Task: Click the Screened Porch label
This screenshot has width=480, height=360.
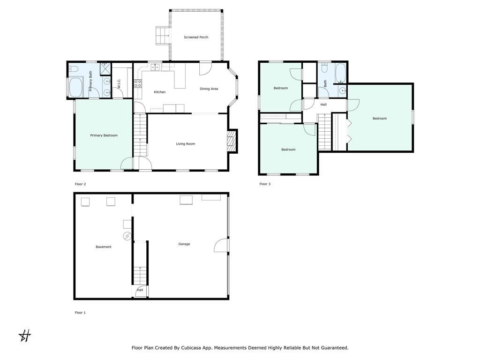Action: [196, 37]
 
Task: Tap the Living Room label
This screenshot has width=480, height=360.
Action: [186, 144]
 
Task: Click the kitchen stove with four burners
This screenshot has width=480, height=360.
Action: [138, 83]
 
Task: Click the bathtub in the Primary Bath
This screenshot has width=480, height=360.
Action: [75, 87]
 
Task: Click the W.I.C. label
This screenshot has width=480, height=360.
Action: [119, 84]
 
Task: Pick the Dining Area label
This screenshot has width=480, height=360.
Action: [209, 89]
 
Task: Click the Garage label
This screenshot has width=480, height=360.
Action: [184, 244]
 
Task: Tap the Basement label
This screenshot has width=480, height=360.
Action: [104, 247]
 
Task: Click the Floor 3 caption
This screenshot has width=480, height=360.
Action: [265, 184]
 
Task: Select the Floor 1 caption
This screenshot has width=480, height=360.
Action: [80, 313]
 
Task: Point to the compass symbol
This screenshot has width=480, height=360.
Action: [25, 336]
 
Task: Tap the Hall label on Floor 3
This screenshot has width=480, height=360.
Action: [323, 105]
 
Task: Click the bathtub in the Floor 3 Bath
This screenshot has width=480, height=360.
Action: [340, 73]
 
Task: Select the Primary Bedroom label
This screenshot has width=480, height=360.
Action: [104, 135]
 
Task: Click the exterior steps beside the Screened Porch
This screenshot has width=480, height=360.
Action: [163, 36]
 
